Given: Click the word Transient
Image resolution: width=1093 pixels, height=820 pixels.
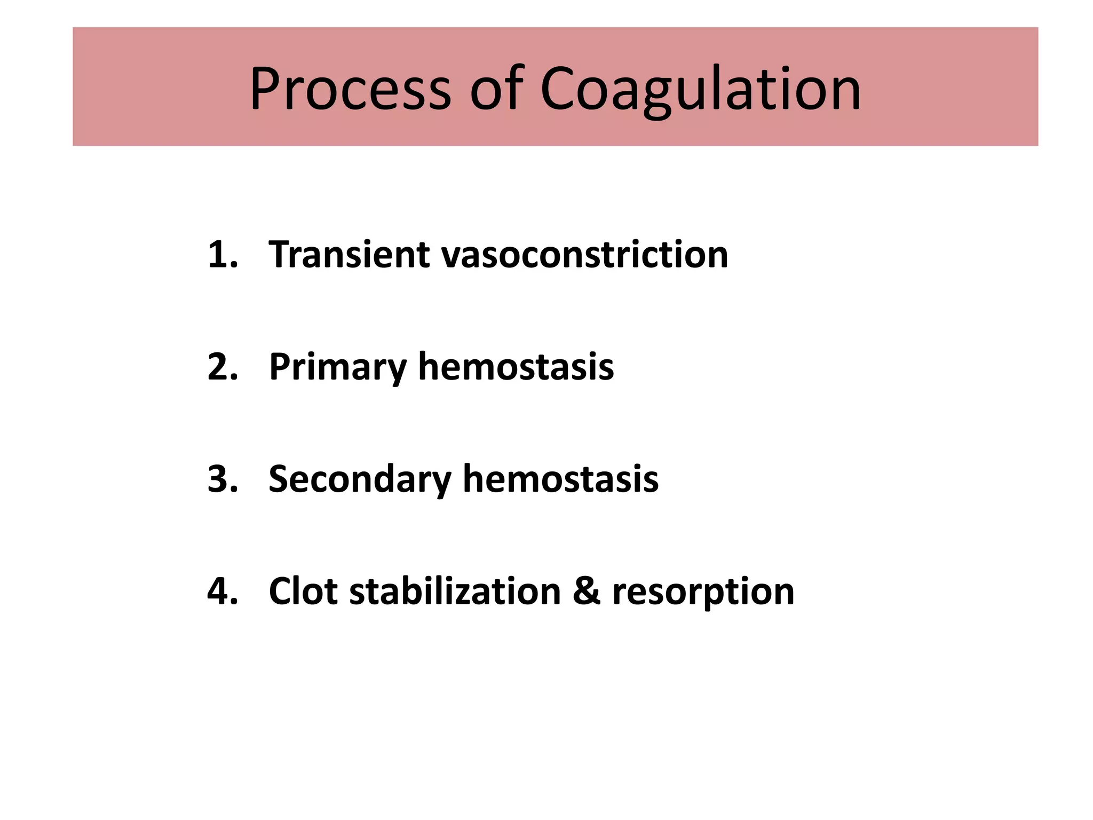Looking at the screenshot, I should point(349,255).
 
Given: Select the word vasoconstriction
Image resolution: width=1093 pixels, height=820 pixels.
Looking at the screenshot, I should point(584,255).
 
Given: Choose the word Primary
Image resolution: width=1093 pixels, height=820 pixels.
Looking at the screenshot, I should point(337,367).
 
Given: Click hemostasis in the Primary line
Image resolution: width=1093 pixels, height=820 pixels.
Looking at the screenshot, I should point(516,367).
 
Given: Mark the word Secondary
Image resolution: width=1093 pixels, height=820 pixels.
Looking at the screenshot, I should point(360,479).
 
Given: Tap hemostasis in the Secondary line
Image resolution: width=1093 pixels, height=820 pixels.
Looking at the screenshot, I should point(560,479).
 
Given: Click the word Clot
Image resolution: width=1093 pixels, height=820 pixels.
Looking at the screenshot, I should point(303,592).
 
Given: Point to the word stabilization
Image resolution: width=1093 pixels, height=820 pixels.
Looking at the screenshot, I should point(455,592).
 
